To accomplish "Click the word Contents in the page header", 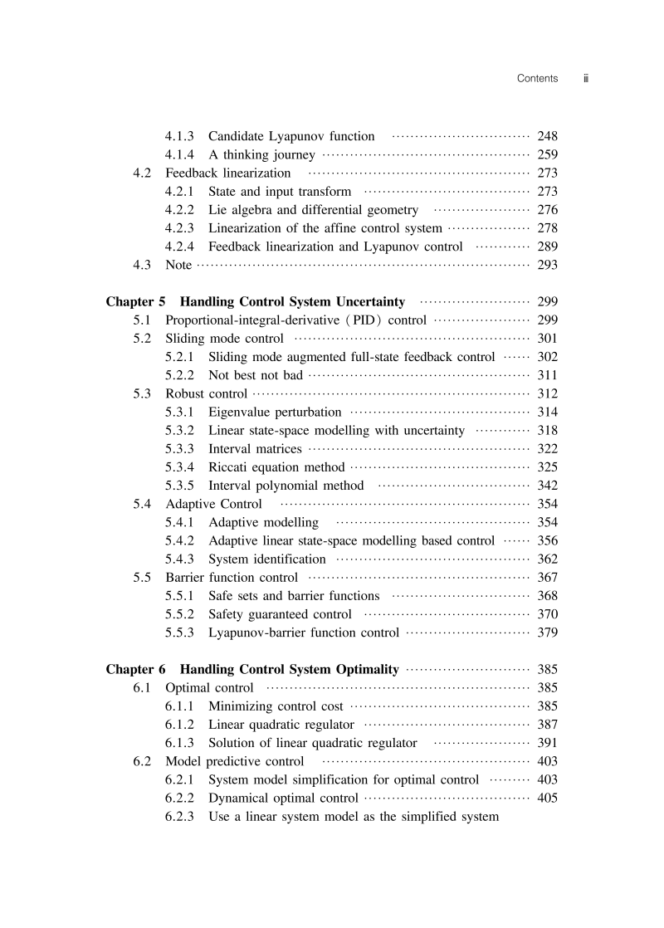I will point(537,78).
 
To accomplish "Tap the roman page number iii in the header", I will point(585,78).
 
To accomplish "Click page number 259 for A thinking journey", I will point(548,154).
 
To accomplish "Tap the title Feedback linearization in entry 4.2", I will point(228,173).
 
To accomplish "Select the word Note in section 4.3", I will point(178,266).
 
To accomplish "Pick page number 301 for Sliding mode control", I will point(548,339).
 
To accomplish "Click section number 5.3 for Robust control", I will point(142,393).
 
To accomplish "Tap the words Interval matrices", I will point(255,449).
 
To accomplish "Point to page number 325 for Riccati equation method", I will point(548,467).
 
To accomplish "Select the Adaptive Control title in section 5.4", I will point(214,504).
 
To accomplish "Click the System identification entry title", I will point(267,559).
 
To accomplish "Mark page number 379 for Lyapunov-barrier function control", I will point(548,633).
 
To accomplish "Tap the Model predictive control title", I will point(235,761).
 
